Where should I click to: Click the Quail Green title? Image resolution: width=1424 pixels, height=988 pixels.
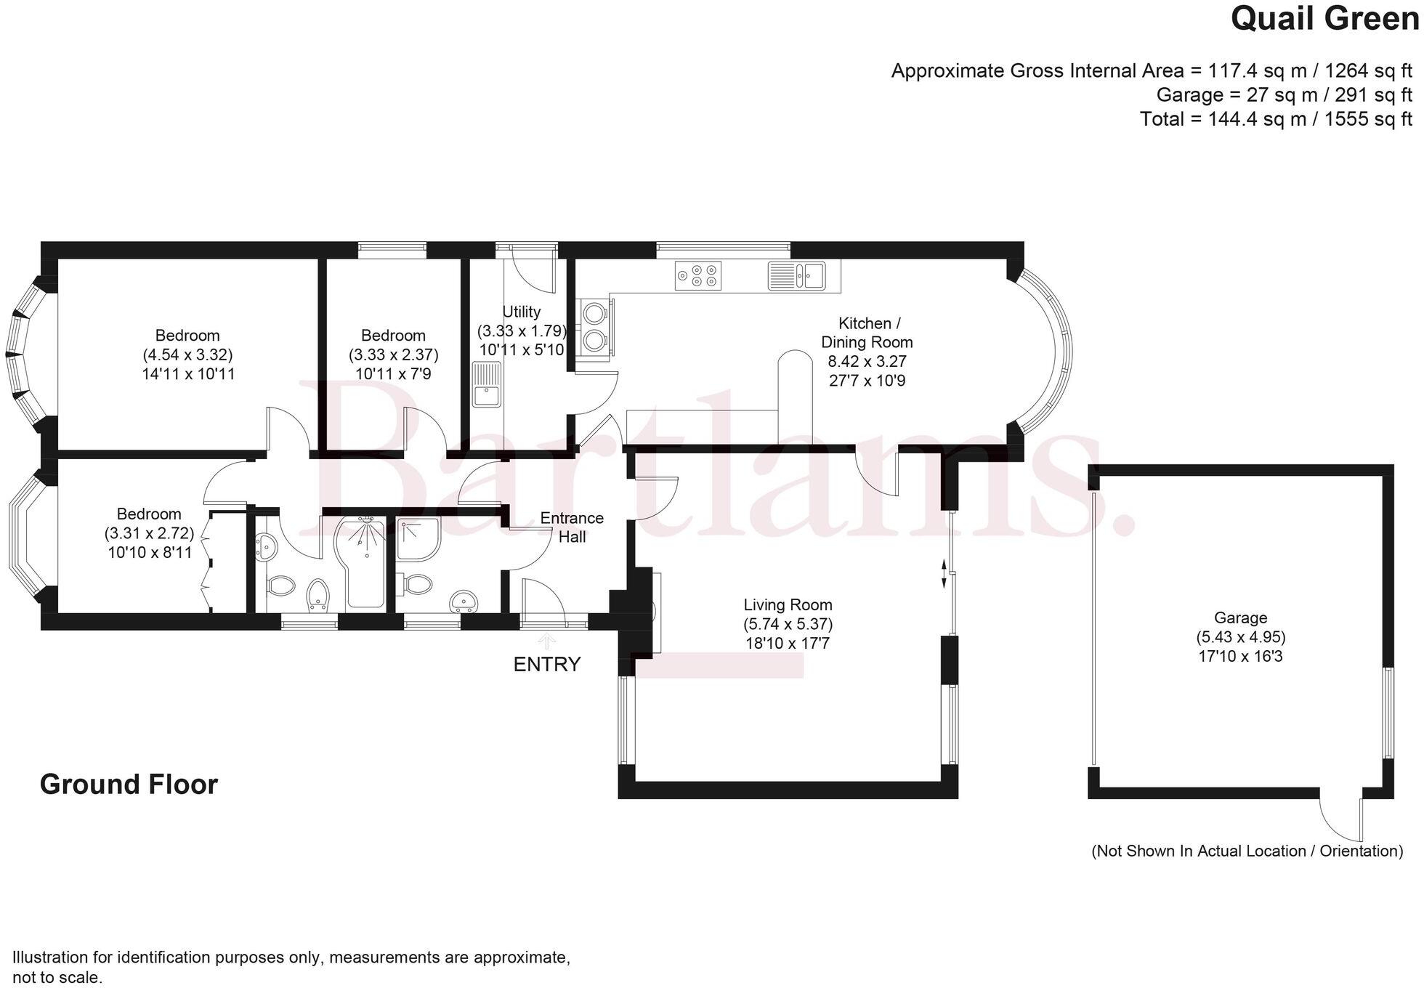1324,20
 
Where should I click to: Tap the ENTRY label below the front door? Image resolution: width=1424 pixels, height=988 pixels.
546,664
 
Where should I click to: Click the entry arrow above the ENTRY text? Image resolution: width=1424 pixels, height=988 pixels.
546,640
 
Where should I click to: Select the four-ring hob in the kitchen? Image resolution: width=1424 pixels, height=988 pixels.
697,275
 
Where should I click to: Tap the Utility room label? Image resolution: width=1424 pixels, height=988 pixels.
521,312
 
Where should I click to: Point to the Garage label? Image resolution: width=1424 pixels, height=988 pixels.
1240,618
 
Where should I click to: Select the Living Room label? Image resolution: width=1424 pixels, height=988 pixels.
788,605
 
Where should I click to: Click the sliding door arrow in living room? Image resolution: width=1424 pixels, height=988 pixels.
944,573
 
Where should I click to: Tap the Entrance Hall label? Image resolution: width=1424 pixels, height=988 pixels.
572,527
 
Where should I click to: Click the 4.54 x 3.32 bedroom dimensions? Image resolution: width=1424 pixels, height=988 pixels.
187,355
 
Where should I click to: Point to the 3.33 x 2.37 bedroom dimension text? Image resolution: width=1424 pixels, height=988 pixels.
393,355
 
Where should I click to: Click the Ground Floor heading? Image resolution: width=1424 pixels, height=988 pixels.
129,785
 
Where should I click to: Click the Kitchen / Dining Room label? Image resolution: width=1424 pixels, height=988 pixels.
866,333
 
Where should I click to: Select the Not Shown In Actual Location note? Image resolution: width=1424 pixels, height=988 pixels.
1247,851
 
